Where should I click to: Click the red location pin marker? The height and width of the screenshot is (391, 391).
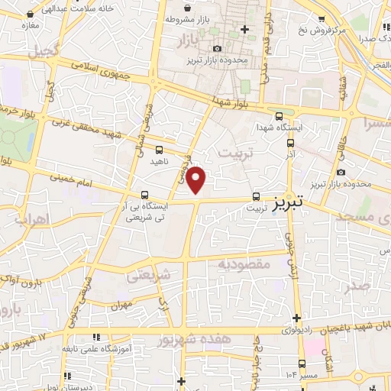tap(197, 179)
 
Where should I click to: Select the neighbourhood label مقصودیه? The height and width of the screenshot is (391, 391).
tap(244, 263)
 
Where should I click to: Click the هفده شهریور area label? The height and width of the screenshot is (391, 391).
tap(195, 338)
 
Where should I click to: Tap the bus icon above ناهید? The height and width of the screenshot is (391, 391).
tap(159, 150)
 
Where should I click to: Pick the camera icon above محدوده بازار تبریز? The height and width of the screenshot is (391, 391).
tap(218, 48)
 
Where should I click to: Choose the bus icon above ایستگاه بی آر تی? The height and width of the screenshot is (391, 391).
tap(145, 195)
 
